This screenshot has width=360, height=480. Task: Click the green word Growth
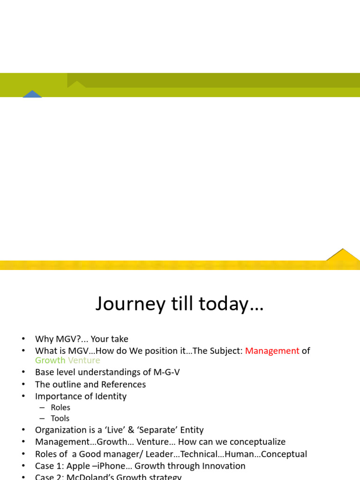pyautogui.click(x=50, y=360)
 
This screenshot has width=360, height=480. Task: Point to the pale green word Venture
pyautogui.click(x=84, y=360)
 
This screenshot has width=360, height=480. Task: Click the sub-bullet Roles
pyautogui.click(x=60, y=407)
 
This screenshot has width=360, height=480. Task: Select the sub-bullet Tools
pyautogui.click(x=60, y=418)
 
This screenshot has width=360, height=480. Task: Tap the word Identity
pyautogui.click(x=110, y=396)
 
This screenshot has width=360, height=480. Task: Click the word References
pyautogui.click(x=122, y=384)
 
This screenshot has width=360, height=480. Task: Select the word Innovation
pyautogui.click(x=224, y=466)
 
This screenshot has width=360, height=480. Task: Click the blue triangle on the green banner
pyautogui.click(x=32, y=94)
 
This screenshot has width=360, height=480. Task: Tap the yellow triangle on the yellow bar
pyautogui.click(x=344, y=255)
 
